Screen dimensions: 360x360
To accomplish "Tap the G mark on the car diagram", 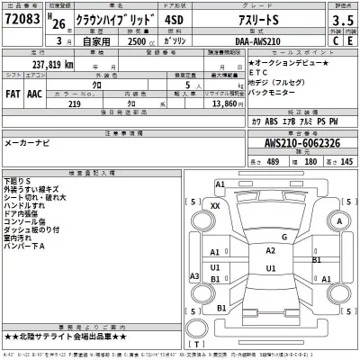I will tap(283, 238).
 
